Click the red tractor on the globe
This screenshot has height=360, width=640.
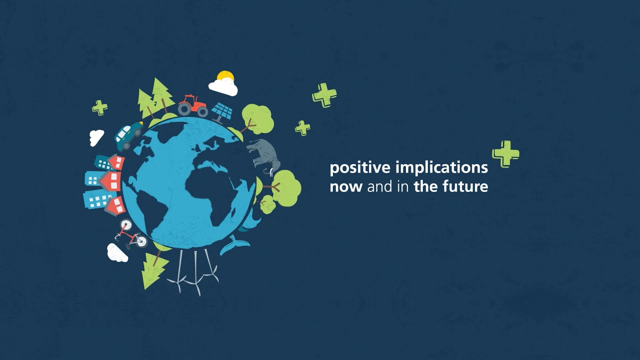tap(193, 105)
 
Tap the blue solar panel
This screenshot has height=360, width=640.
tap(222, 111)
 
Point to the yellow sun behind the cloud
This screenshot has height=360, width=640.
tap(226, 76)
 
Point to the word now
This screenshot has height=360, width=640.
tap(346, 187)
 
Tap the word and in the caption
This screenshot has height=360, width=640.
tap(377, 187)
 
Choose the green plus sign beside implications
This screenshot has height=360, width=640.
tap(505, 153)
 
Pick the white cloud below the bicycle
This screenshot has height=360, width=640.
tap(117, 253)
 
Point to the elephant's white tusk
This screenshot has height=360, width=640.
tap(271, 172)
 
